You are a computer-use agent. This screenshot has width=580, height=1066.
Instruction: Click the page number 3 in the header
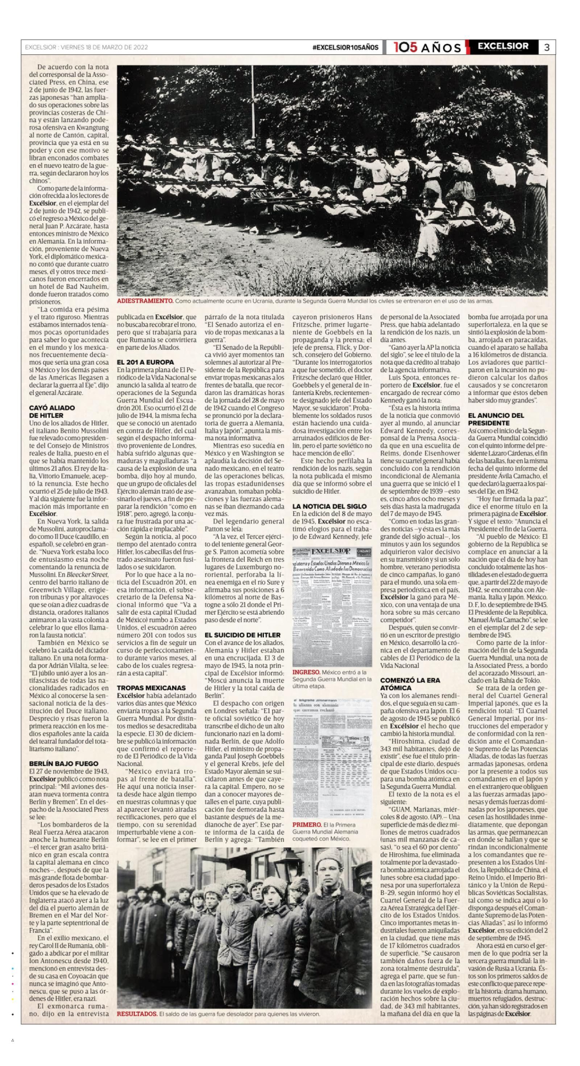coord(546,47)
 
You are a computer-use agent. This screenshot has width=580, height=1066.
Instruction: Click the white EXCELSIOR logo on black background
coord(503,46)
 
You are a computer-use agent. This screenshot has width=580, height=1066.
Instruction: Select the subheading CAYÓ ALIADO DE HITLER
coord(52,411)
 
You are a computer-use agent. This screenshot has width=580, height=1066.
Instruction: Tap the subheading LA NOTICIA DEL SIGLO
coord(329,506)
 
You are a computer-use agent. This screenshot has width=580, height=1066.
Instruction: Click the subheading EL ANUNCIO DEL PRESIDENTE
coord(496,419)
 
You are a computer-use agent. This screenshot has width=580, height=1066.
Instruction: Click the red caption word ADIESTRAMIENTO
coord(145,301)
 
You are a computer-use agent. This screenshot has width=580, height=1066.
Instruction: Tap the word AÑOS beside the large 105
coord(441,48)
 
